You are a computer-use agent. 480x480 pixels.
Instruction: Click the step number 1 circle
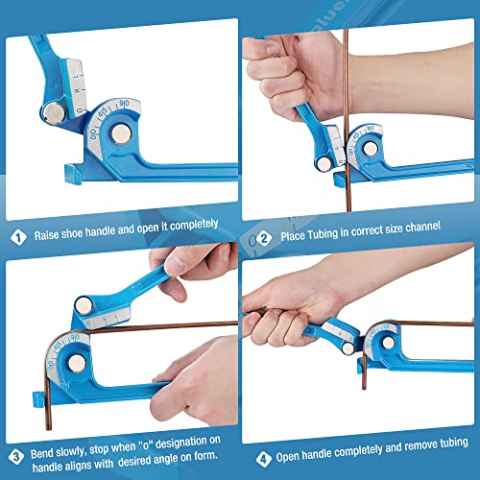tap(17, 234)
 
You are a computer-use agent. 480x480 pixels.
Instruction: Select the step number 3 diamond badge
tap(17, 456)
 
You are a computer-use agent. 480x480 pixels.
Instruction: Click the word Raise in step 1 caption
tap(49, 234)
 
